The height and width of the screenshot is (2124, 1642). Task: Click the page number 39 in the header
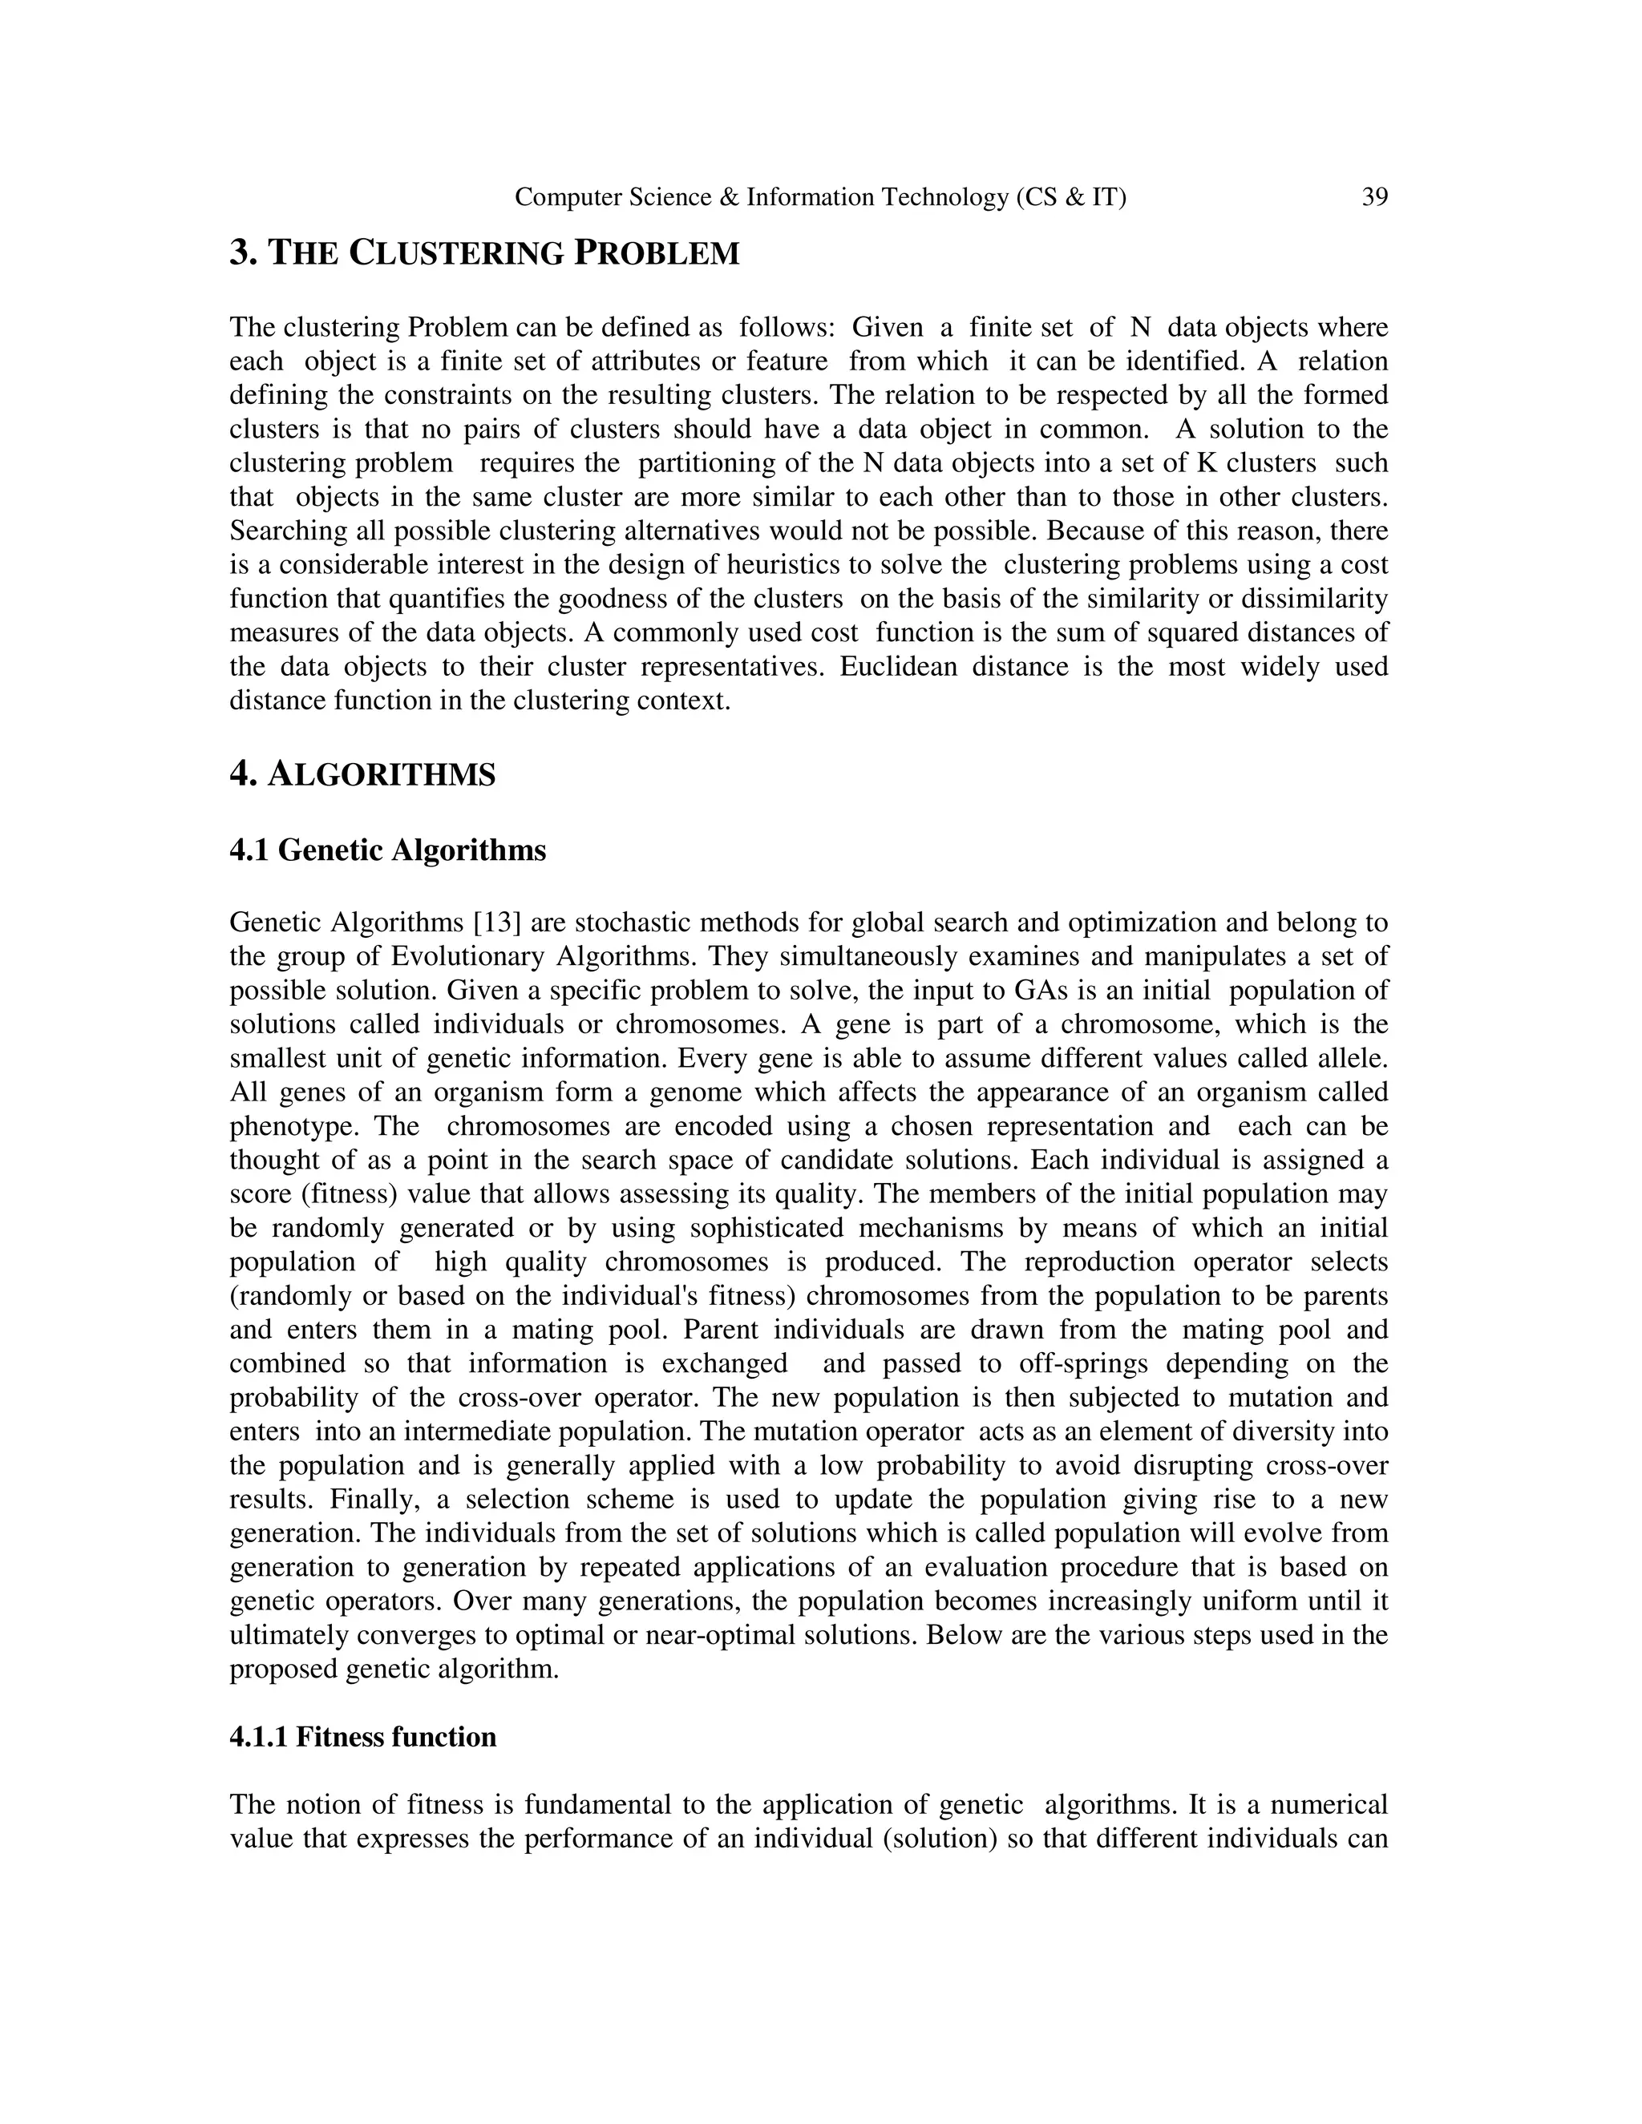pyautogui.click(x=1373, y=197)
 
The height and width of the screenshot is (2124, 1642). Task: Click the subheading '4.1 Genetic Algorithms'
pyautogui.click(x=387, y=851)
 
